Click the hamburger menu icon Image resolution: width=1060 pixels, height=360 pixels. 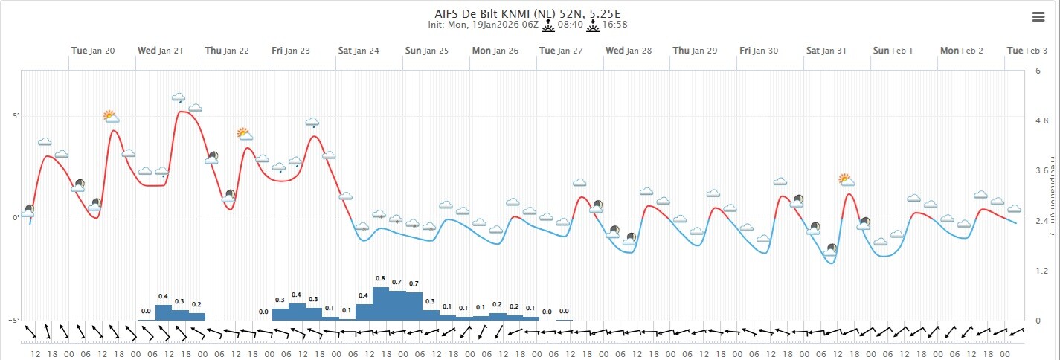(x=1038, y=17)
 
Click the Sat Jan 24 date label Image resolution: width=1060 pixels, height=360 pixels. (x=359, y=51)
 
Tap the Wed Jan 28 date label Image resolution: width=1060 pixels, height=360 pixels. (x=629, y=51)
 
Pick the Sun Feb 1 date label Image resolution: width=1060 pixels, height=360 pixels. (x=893, y=51)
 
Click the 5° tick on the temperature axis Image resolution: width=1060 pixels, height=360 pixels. (x=14, y=116)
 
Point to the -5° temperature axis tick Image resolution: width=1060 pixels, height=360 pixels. (x=13, y=320)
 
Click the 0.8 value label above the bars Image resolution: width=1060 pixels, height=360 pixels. (x=381, y=278)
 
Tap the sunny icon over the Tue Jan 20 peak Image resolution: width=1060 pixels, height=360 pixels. (x=112, y=116)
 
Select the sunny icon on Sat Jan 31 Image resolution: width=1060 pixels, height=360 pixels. (x=846, y=179)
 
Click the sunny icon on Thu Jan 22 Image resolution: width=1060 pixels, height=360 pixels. (x=245, y=134)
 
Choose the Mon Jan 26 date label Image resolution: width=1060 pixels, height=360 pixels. (x=495, y=51)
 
